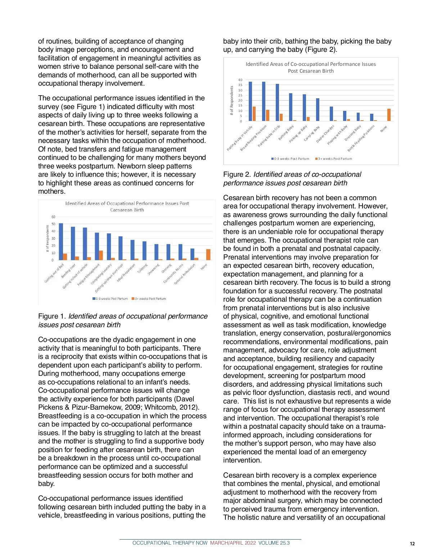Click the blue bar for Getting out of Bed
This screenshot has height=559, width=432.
tap(61, 242)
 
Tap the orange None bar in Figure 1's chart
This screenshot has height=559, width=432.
tap(208, 254)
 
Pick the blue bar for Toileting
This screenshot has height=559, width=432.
tap(144, 251)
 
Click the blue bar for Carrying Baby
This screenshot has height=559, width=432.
tap(318, 109)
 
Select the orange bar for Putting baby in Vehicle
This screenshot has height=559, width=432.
tap(254, 114)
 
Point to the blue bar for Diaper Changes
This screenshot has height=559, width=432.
tap(331, 114)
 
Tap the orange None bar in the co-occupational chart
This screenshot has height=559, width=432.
tap(389, 115)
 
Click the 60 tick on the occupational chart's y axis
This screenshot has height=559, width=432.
tap(53, 217)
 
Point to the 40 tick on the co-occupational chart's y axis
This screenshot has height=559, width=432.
tap(240, 80)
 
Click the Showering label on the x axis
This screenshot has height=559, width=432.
tap(154, 269)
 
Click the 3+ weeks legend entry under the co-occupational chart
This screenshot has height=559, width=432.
tap(334, 159)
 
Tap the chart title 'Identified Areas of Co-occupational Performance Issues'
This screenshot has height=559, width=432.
tap(311, 64)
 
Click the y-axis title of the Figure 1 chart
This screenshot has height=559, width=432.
tap(48, 238)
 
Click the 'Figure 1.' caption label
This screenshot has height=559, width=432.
tap(52, 316)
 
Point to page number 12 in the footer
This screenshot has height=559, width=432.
tap(412, 544)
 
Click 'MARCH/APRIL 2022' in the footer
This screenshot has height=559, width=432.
tap(233, 543)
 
